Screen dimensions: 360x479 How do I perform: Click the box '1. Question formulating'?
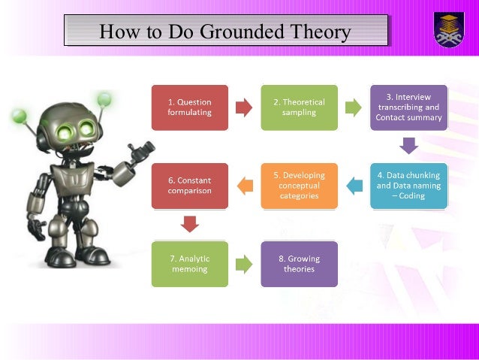pyautogui.click(x=190, y=107)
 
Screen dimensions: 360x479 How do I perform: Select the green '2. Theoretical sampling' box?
pyautogui.click(x=299, y=107)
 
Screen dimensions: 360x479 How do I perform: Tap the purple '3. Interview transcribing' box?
pyautogui.click(x=408, y=107)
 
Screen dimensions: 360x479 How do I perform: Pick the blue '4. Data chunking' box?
pyautogui.click(x=408, y=186)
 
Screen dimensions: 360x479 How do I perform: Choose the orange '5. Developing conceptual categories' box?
pyautogui.click(x=299, y=186)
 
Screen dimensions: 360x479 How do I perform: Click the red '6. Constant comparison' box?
pyautogui.click(x=190, y=186)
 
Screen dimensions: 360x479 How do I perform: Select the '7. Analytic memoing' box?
pyautogui.click(x=190, y=264)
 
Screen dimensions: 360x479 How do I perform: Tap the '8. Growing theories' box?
pyautogui.click(x=299, y=264)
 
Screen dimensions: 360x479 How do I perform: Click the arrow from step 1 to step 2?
pyautogui.click(x=244, y=107)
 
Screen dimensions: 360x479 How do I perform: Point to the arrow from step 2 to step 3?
pyautogui.click(x=353, y=107)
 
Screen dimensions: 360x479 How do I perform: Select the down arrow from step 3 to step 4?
pyautogui.click(x=408, y=146)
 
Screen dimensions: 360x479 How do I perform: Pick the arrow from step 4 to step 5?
pyautogui.click(x=354, y=186)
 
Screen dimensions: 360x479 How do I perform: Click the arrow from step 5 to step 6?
pyautogui.click(x=245, y=186)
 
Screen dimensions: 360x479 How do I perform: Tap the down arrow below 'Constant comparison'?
pyautogui.click(x=190, y=224)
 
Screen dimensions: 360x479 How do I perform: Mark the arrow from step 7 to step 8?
pyautogui.click(x=244, y=264)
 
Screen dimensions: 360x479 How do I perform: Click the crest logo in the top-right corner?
pyautogui.click(x=449, y=29)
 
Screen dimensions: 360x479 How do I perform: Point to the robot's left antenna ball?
pyautogui.click(x=17, y=116)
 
